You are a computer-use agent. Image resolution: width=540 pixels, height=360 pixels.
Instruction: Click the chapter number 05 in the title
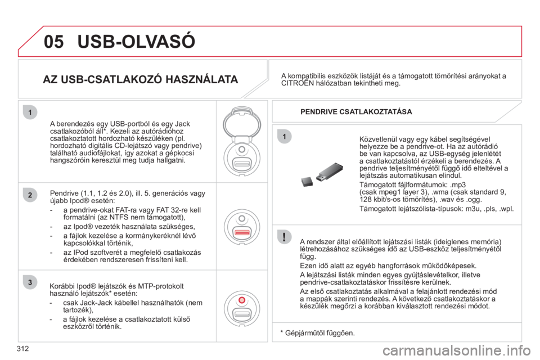click(54, 41)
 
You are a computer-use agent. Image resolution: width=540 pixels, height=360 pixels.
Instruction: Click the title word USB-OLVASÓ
click(136, 41)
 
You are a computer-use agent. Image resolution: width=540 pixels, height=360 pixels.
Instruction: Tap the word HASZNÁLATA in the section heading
click(202, 79)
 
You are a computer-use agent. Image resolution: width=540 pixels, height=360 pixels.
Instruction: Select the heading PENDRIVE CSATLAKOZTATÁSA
click(356, 111)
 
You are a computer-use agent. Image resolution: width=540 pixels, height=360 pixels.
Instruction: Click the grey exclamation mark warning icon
click(284, 237)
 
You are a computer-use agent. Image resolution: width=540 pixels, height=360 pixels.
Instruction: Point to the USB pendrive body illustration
click(329, 172)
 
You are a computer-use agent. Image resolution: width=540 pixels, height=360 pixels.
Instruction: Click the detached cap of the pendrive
click(307, 181)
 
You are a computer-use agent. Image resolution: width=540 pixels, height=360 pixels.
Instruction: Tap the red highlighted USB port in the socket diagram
click(242, 232)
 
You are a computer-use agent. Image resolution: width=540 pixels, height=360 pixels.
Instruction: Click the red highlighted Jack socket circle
click(242, 300)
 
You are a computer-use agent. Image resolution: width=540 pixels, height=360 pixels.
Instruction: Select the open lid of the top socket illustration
click(242, 122)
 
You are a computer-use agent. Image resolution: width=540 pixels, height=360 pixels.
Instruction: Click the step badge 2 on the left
click(30, 195)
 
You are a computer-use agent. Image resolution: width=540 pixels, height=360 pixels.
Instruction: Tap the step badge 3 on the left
click(30, 282)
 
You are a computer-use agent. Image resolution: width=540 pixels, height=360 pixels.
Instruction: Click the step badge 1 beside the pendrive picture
click(284, 137)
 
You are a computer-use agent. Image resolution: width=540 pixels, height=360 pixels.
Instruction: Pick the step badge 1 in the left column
click(30, 112)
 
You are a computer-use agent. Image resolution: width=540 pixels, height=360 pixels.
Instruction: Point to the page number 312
click(22, 349)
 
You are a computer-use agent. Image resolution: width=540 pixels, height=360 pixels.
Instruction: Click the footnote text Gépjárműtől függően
click(320, 333)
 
